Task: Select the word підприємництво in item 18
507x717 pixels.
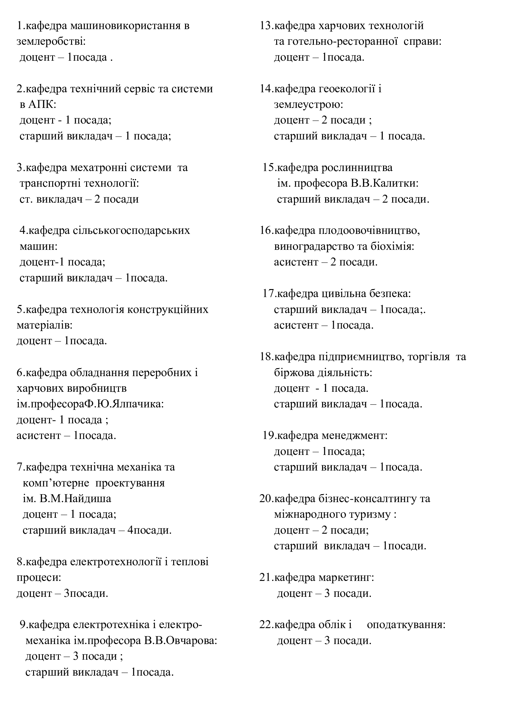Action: (358, 357)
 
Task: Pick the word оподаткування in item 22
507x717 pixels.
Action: (406, 625)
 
